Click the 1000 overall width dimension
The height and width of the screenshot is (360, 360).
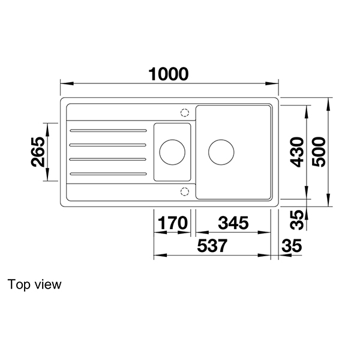[169, 74]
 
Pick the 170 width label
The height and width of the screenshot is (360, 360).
[172, 223]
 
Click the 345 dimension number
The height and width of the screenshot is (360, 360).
[233, 223]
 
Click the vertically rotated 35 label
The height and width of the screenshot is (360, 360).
[295, 220]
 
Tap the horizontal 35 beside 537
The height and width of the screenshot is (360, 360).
[292, 245]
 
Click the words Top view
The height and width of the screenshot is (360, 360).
[34, 284]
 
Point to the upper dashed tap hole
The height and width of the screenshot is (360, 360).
[184, 112]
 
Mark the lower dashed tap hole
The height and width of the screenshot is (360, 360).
[184, 191]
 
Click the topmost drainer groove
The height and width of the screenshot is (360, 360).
[108, 130]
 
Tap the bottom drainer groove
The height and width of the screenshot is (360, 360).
[108, 174]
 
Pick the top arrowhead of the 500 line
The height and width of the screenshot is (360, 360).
[329, 100]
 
